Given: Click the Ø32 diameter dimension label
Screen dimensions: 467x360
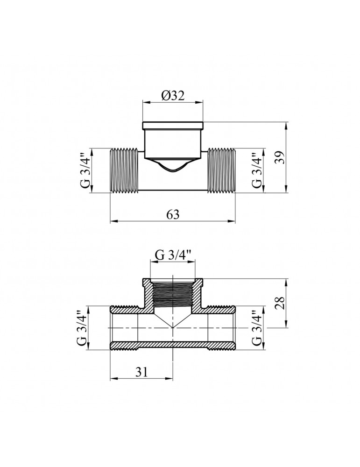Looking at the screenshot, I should tap(173, 96).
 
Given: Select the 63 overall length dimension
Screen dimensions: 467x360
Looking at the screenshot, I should tap(173, 214).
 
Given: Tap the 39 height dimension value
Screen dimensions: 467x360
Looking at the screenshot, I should tap(279, 157).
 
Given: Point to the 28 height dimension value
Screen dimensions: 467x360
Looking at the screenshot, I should tap(279, 303).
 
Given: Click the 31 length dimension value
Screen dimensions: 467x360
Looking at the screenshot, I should tap(142, 372).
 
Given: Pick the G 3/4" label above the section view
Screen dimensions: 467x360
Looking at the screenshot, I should tap(173, 255).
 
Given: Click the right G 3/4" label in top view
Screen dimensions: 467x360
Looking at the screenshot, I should tap(257, 171).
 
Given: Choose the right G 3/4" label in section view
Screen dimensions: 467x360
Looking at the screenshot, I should tap(257, 328).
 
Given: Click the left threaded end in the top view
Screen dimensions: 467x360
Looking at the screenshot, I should tap(125, 170).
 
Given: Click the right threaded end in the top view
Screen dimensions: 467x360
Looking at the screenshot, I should tap(221, 170).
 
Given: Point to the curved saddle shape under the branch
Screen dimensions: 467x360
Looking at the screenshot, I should tap(173, 166).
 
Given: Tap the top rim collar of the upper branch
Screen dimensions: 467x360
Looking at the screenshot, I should tap(173, 126).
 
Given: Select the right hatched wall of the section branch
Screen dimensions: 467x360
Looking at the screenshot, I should tap(198, 294).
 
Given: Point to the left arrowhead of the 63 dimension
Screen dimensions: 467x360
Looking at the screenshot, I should tap(113, 221).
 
